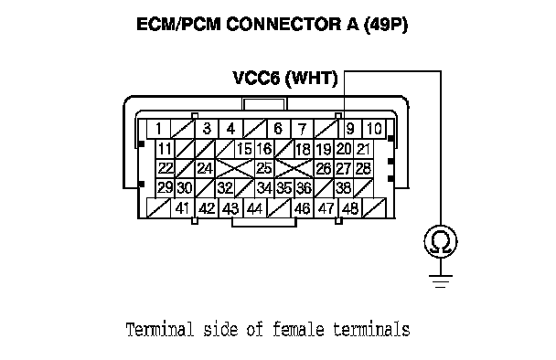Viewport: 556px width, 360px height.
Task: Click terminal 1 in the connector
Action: [158, 129]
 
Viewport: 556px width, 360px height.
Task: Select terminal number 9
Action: [350, 129]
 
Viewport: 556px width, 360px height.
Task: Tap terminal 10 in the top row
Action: [374, 129]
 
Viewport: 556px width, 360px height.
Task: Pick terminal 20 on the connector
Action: [344, 149]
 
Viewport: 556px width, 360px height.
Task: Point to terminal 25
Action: [264, 168]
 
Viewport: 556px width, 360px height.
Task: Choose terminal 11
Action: [165, 149]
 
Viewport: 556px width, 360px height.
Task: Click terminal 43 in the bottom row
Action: [230, 208]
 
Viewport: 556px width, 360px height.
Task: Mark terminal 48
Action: [350, 208]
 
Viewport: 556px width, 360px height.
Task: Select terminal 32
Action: [225, 188]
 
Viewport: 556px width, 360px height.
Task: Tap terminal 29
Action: [165, 188]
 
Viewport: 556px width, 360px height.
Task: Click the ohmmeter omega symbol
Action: [441, 242]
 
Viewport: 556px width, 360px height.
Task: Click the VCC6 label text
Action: [256, 78]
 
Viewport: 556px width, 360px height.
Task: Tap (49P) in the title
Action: [386, 25]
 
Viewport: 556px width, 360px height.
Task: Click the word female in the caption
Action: [298, 329]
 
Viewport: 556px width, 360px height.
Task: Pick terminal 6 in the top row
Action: [278, 129]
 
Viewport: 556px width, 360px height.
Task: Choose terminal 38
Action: [344, 188]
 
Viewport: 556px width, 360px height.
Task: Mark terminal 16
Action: [264, 149]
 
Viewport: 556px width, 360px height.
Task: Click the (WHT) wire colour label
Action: [312, 79]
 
